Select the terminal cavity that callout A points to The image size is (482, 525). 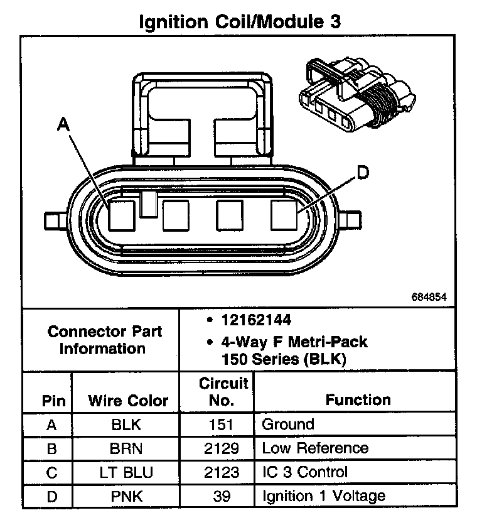pos(121,215)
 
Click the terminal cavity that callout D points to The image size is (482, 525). pos(286,215)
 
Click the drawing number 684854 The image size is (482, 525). pos(429,296)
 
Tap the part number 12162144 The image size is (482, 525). pos(256,320)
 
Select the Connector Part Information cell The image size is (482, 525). pos(104,340)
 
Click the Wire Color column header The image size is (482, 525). pos(128,401)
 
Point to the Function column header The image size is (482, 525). pos(358,400)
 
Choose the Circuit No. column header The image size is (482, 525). pos(223,392)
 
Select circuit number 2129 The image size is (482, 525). pos(223,448)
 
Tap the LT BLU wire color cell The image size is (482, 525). pos(127,472)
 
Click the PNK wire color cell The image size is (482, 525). pos(127,497)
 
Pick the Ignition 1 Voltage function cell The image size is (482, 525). pos(323,497)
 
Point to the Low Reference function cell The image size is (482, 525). pos(315,448)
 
